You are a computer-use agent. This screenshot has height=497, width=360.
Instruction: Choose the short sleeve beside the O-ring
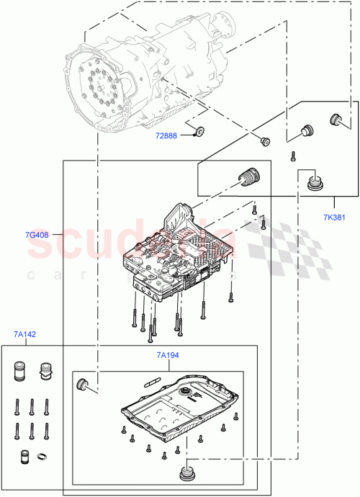coord(24,456)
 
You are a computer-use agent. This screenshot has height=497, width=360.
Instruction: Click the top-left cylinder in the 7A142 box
coord(20,372)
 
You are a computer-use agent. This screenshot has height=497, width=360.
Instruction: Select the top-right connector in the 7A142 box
coord(48,372)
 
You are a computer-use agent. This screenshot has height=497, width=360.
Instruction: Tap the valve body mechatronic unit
coord(180,259)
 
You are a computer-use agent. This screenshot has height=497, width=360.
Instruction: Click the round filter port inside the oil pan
coord(189,391)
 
